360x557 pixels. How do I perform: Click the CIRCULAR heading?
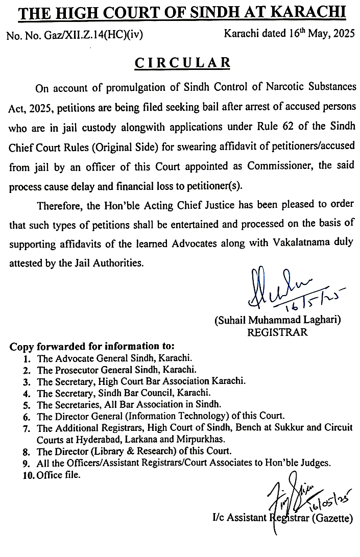point(182,63)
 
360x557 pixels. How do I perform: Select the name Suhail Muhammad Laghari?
point(277,320)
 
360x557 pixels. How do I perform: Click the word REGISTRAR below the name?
point(277,332)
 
